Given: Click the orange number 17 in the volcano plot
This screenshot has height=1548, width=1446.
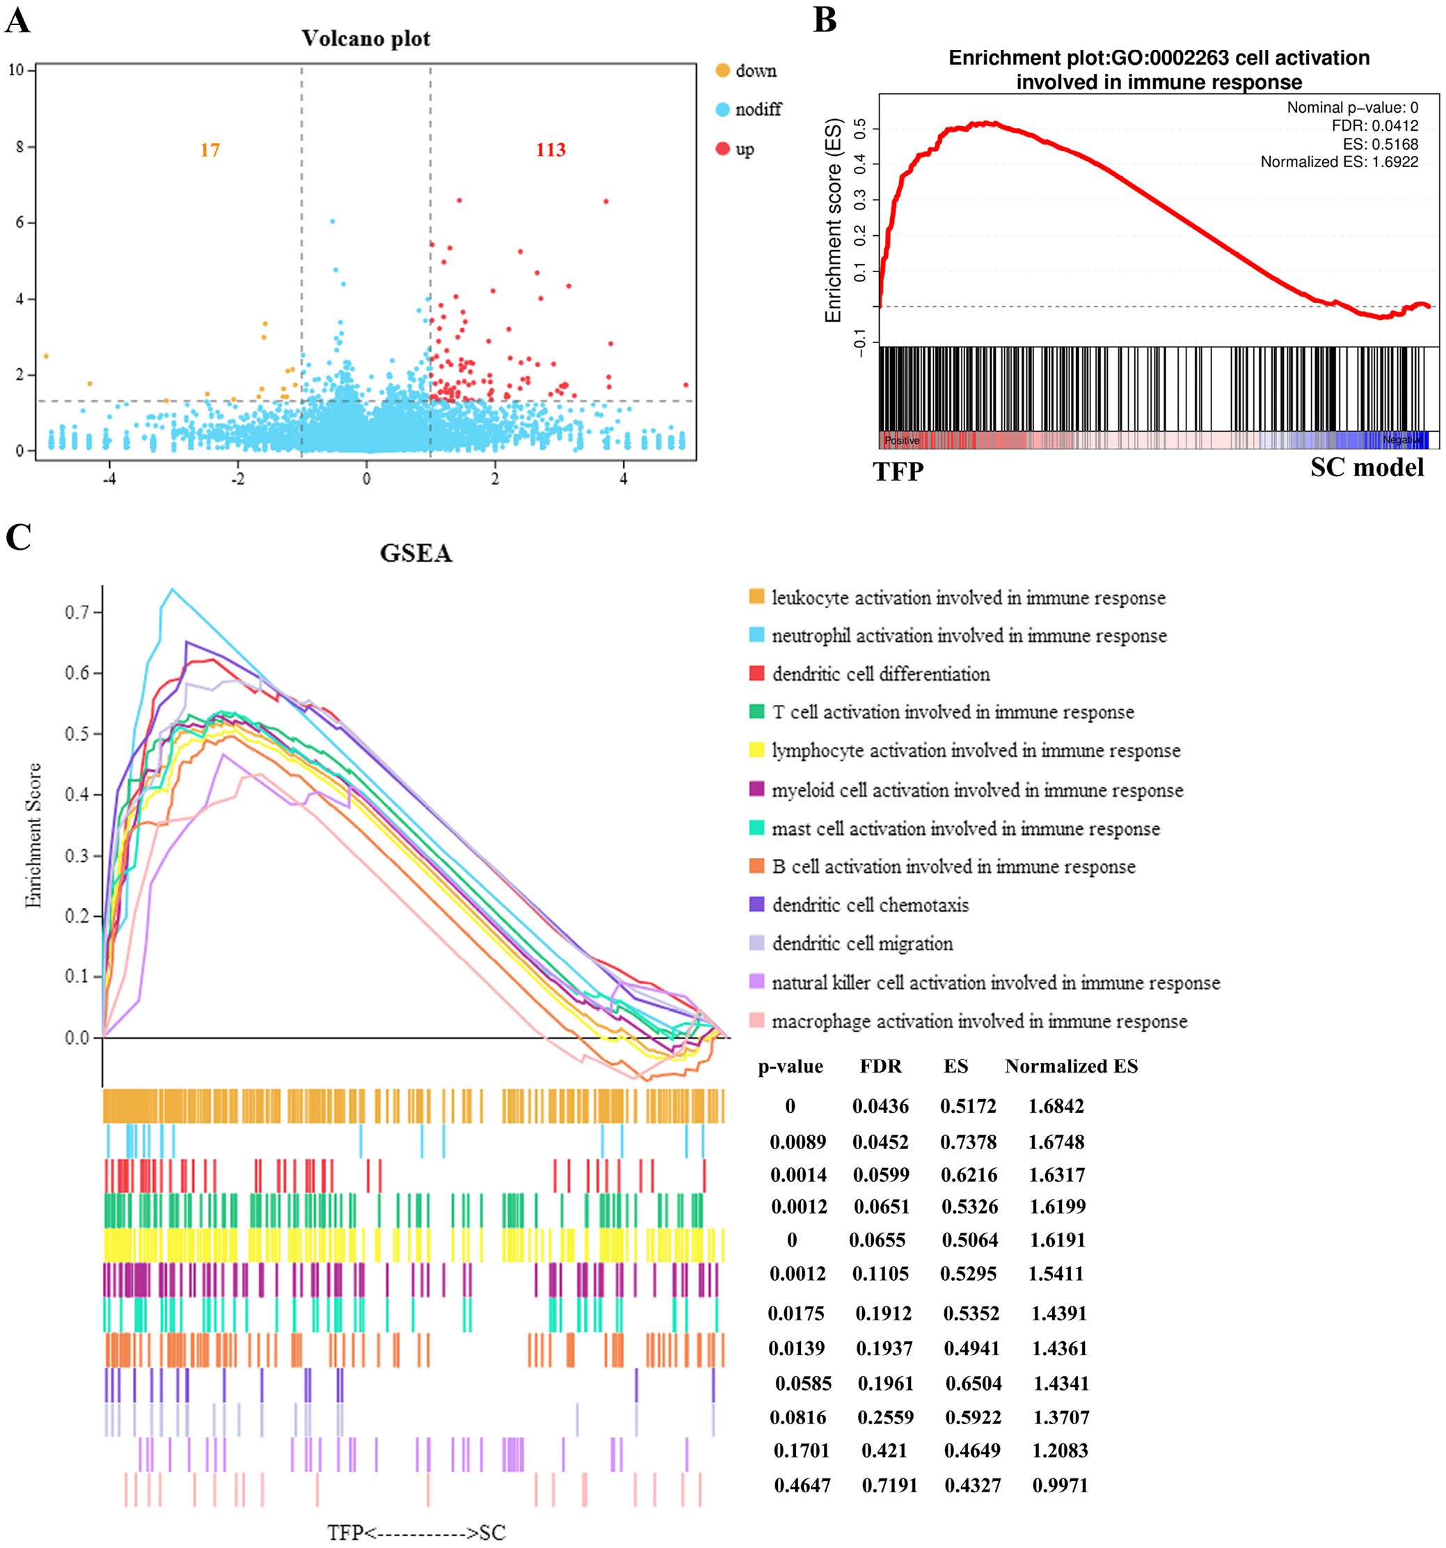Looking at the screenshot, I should click(x=209, y=150).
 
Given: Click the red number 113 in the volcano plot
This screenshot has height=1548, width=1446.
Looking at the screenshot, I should click(x=550, y=150).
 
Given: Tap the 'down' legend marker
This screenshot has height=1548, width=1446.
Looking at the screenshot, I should click(x=722, y=71).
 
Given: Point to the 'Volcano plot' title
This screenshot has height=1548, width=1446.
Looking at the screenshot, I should click(x=365, y=38).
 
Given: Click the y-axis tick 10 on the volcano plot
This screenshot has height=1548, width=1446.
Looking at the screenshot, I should click(x=16, y=70).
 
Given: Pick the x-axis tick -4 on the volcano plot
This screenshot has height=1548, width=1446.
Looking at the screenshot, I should click(x=109, y=479).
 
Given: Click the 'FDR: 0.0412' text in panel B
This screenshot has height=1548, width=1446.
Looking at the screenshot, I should click(x=1374, y=125).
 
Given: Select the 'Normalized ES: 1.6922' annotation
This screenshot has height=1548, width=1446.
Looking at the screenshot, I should click(x=1339, y=162).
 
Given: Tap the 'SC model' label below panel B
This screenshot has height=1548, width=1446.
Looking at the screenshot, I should click(x=1367, y=467).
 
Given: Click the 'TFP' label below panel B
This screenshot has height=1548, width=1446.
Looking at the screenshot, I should click(x=898, y=471).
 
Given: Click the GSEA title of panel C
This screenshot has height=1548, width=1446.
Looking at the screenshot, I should click(x=416, y=553).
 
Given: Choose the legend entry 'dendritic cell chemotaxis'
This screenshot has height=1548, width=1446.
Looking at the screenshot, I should click(x=870, y=905).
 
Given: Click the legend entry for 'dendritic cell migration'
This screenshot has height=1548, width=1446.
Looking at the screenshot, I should click(x=862, y=944).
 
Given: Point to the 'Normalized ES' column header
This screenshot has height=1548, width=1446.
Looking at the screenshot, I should click(x=1071, y=1066).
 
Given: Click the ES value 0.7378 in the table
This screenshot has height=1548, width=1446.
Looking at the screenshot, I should click(x=968, y=1142).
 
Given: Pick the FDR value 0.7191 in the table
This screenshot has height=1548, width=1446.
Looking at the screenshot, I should click(x=889, y=1485).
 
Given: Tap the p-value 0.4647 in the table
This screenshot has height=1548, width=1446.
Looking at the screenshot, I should click(x=802, y=1485).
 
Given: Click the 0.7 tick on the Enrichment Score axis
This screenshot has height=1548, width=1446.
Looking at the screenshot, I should click(x=77, y=613).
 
